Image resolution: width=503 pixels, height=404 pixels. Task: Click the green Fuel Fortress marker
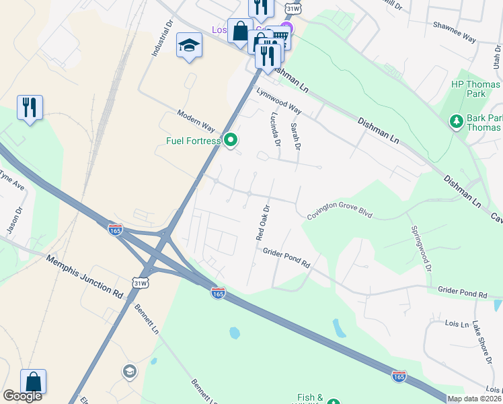click(x=231, y=140)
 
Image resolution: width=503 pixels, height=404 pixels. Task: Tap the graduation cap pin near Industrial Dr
click(x=189, y=46)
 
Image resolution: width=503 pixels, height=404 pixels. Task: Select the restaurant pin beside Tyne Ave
click(x=30, y=108)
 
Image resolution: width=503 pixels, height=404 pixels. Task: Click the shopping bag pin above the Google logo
click(x=33, y=382)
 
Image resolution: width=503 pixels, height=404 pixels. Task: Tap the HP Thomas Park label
click(x=468, y=89)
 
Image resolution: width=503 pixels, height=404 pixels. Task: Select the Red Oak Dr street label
click(x=262, y=222)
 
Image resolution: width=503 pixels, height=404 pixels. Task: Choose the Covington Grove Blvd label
click(x=340, y=214)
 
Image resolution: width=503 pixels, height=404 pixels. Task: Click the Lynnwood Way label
click(x=278, y=100)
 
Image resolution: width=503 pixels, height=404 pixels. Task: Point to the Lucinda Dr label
click(x=275, y=129)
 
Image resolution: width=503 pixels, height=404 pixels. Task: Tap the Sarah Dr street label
click(x=295, y=136)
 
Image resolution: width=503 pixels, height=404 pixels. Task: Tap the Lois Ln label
click(x=457, y=324)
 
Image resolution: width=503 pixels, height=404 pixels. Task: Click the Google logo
click(x=22, y=396)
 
